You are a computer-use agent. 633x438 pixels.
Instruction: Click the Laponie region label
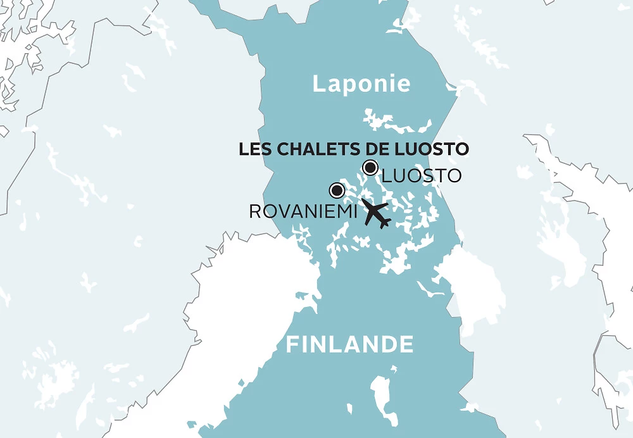[361, 84]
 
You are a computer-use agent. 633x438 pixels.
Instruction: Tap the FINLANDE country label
[349, 345]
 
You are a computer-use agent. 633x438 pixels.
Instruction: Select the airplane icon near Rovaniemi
[375, 214]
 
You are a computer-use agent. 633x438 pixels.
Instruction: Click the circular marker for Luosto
[370, 168]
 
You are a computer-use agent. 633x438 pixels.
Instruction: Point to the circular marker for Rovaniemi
[337, 190]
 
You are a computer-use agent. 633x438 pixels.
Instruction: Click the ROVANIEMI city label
[304, 211]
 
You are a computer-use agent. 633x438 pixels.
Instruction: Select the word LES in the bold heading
[251, 149]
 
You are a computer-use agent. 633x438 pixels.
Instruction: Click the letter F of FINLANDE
[292, 345]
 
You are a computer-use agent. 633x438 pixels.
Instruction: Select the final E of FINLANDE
[407, 345]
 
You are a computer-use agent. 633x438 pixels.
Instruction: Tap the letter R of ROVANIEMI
[255, 211]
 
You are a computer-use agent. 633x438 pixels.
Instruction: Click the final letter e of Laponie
[404, 85]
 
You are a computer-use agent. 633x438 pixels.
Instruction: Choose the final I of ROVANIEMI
[356, 211]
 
